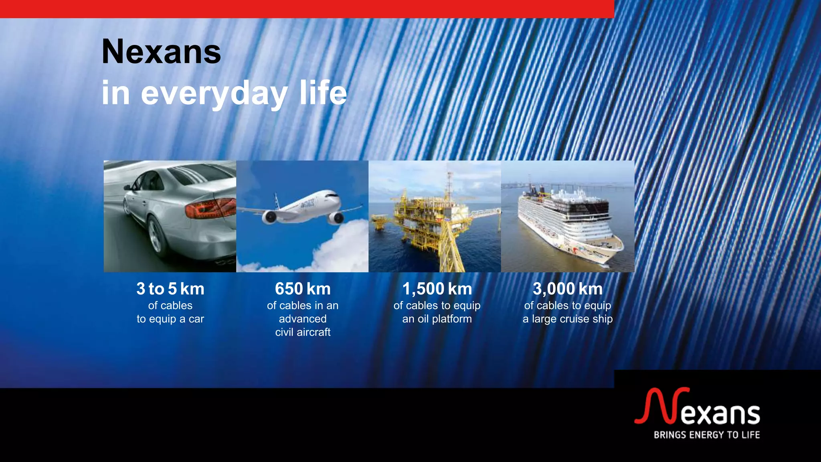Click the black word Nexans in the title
(161, 52)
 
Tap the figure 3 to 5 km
(170, 289)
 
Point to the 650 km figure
(303, 289)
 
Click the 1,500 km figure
(437, 289)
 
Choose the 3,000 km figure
(568, 289)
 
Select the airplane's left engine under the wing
(269, 217)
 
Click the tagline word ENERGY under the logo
(707, 435)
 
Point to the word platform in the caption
(454, 319)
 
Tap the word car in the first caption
(196, 319)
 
